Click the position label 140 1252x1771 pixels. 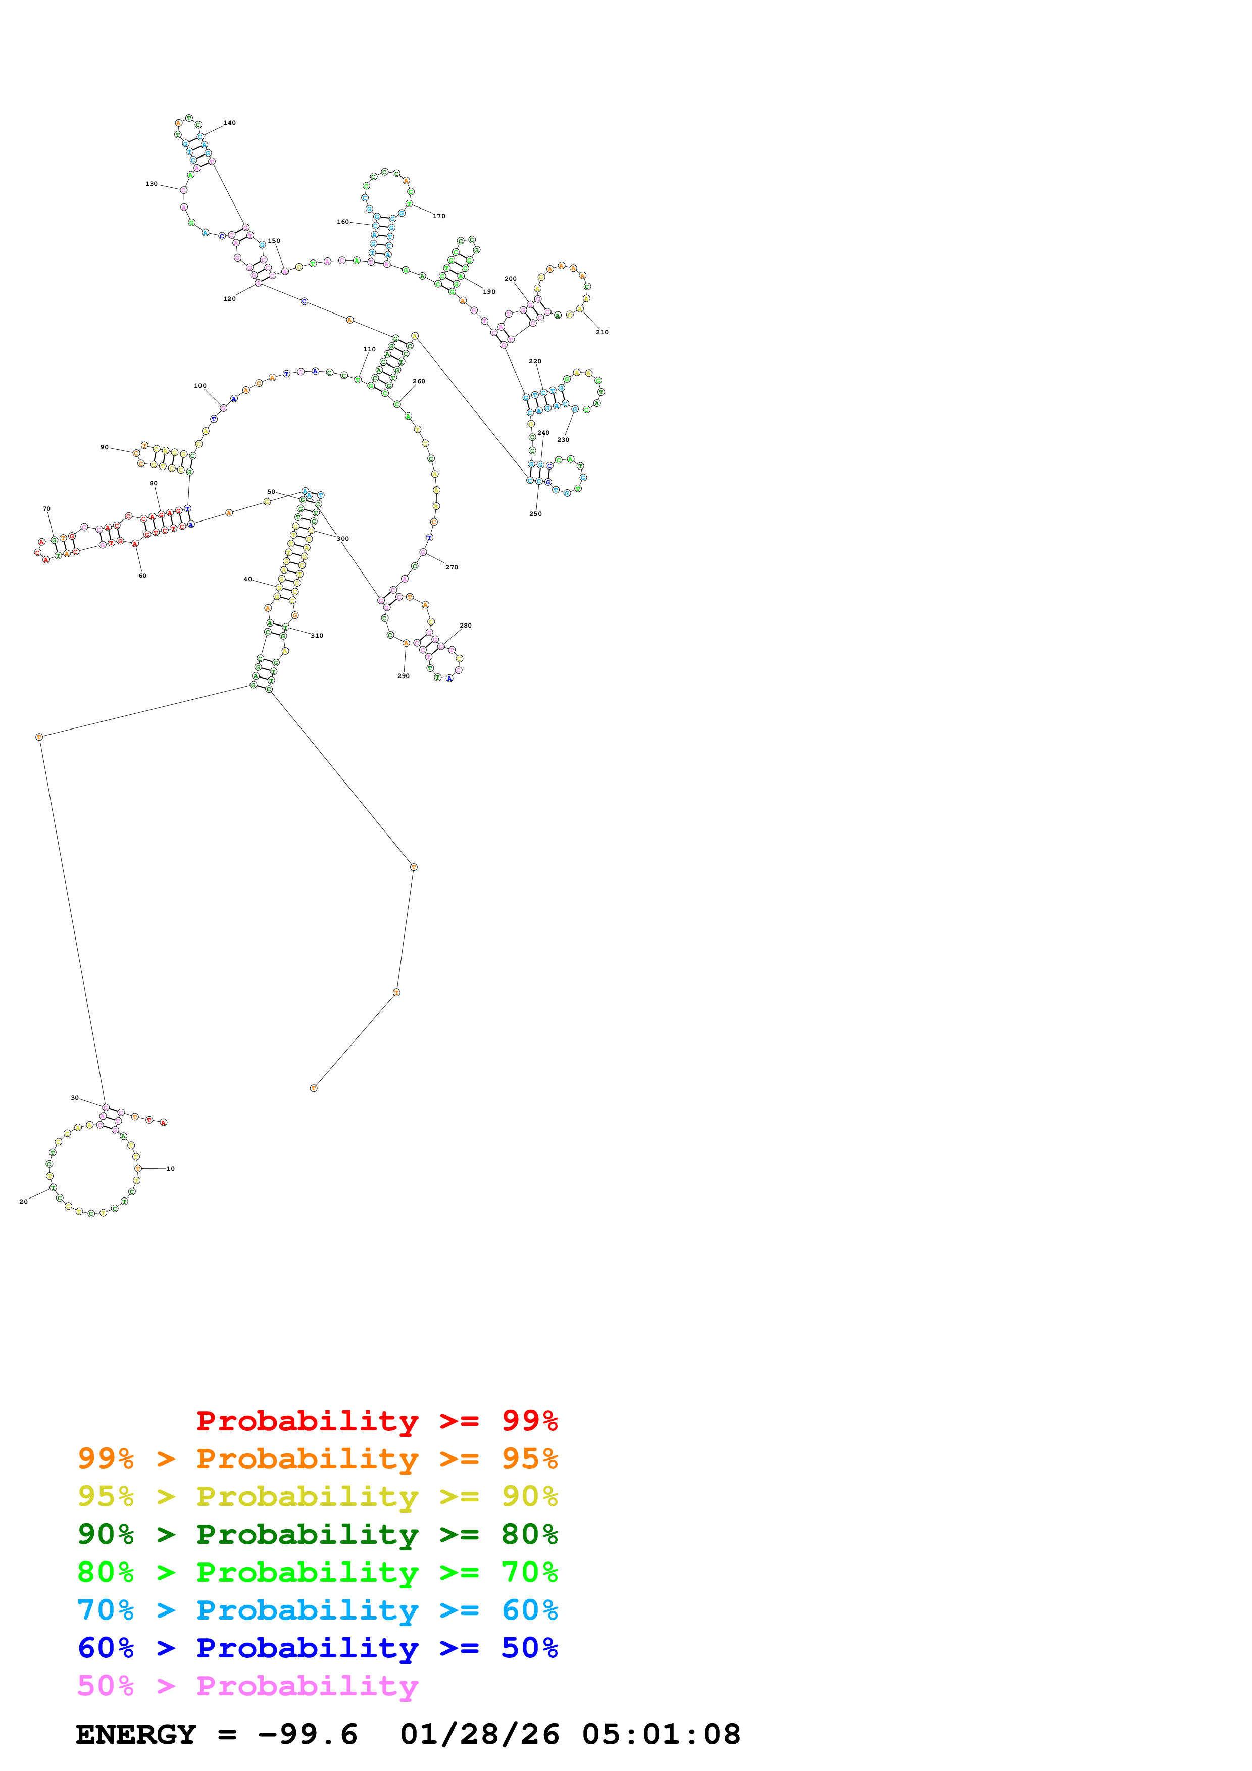(x=230, y=123)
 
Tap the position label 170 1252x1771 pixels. (x=439, y=216)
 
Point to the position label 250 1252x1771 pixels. (x=535, y=514)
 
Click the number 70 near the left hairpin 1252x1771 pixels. (x=46, y=509)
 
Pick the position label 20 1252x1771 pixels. (x=23, y=1201)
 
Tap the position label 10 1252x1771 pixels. (x=171, y=1169)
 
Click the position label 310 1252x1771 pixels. (x=317, y=636)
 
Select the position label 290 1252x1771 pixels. (x=404, y=675)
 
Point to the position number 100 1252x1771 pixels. (x=200, y=386)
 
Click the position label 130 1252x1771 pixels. (x=151, y=184)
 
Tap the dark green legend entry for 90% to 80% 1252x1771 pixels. (x=317, y=1534)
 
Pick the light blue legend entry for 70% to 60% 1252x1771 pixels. (x=317, y=1610)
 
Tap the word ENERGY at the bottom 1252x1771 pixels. (x=136, y=1735)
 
